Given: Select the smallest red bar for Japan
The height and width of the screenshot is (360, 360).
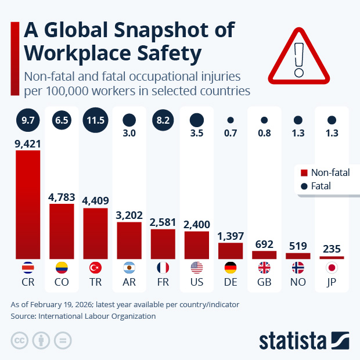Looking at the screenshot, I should pos(332,257).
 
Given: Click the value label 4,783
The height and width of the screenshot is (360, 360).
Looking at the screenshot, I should pos(62,197).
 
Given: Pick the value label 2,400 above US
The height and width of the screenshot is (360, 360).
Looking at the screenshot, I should pos(196,224).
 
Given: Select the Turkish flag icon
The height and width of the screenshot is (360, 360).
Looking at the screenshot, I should pos(95,268).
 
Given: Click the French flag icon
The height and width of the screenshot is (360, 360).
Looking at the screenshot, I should pos(163,268).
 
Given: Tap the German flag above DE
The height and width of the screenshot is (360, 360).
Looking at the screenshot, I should pos(230,268).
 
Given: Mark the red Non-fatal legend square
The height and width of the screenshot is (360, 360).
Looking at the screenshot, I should pos(303,173).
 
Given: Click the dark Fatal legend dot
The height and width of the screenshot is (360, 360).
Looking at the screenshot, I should pos(303,186).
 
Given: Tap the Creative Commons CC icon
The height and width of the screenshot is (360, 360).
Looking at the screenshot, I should pos(19,340).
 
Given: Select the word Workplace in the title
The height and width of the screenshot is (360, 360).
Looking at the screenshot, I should pos(75,53).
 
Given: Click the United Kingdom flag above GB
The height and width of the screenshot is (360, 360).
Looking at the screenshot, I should pos(264,268).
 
